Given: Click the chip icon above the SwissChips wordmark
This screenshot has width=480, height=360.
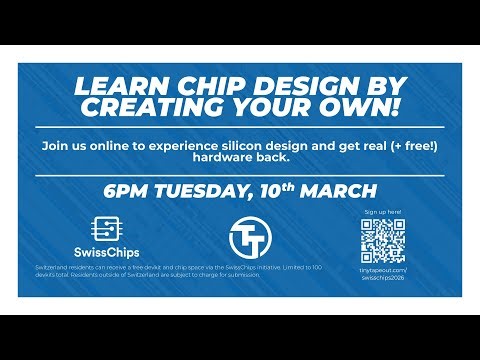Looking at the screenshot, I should tap(103, 227).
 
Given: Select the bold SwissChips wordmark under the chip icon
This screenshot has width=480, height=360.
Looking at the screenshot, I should tap(103, 250).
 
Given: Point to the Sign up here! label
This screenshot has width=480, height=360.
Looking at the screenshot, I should tap(381, 213).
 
